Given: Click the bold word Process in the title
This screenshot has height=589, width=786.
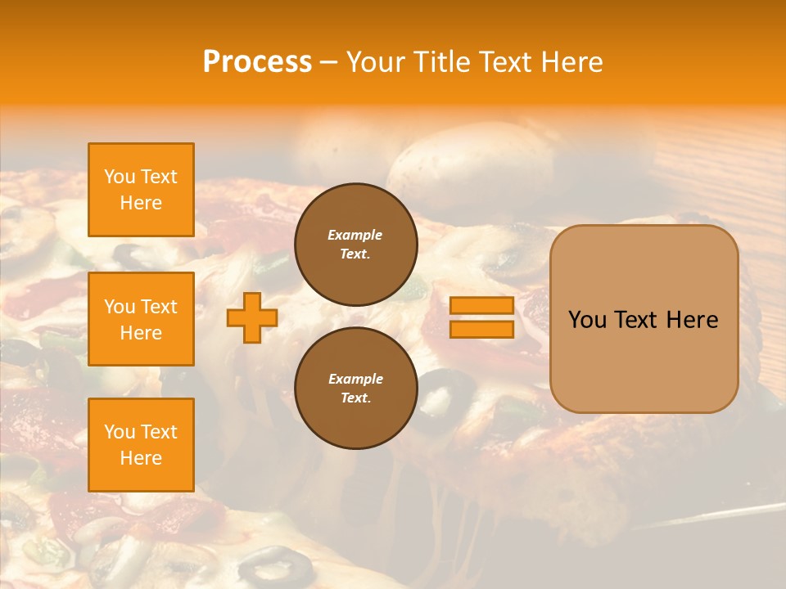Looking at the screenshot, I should tap(257, 62).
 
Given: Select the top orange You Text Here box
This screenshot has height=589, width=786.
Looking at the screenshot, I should tap(141, 190).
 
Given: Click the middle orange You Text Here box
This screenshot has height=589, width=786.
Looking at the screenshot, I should tap(141, 319).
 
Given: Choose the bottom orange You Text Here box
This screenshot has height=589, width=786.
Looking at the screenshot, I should tap(141, 445).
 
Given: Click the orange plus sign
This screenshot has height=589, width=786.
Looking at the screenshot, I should tap(252, 317).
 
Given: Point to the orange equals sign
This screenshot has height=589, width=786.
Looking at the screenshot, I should tap(481, 317).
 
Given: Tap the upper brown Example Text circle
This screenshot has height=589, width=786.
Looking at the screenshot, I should tap(355, 244).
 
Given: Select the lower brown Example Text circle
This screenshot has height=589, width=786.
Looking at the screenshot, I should tap(355, 388).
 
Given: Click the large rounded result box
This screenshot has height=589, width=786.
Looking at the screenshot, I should tap(644, 319).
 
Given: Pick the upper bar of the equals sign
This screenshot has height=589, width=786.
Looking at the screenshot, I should tap(481, 306).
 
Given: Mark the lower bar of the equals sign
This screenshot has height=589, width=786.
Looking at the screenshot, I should tap(481, 329).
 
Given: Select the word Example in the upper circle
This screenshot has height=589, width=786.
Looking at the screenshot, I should tap(355, 235).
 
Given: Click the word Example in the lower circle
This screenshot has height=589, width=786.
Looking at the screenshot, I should tap(355, 379).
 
